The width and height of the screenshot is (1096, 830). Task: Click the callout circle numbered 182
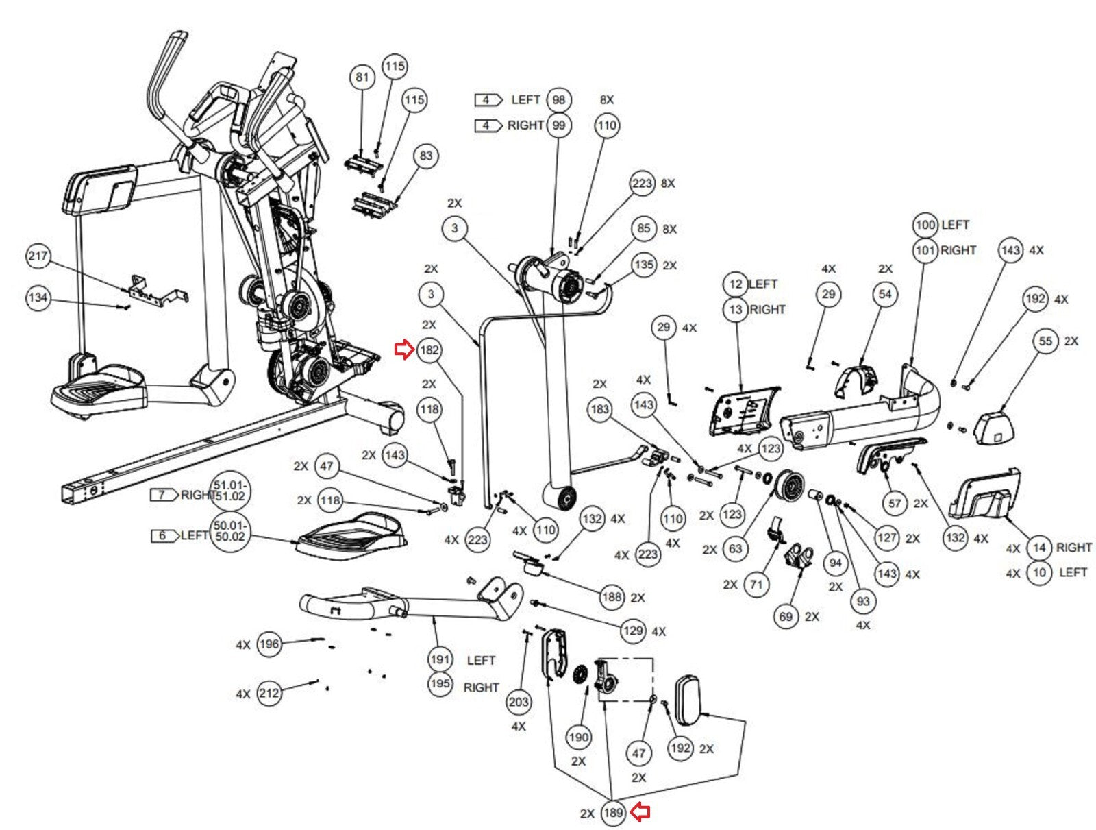[429, 350]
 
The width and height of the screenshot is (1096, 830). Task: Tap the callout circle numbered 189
[612, 813]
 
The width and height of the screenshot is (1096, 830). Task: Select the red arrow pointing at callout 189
[640, 812]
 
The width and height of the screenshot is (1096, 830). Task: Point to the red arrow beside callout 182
[404, 350]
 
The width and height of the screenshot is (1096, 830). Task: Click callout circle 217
[38, 256]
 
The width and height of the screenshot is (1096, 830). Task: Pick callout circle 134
[38, 297]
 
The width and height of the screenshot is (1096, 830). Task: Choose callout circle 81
[362, 77]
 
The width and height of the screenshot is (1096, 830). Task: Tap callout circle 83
[426, 156]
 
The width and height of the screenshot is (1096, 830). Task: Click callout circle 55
[1045, 341]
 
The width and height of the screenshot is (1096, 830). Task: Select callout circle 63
[735, 548]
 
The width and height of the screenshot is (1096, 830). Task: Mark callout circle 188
[612, 597]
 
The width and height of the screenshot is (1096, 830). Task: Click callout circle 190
[578, 737]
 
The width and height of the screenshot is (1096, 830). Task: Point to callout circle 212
[269, 694]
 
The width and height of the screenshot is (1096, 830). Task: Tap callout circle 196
[269, 644]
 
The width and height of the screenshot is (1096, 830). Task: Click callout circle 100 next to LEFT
[925, 225]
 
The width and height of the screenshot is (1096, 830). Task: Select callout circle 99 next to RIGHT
[559, 125]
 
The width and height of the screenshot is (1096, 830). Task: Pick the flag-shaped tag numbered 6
[164, 535]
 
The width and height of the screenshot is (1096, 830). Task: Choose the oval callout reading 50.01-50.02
[230, 532]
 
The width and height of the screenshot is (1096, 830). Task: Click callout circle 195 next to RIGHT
[440, 684]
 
